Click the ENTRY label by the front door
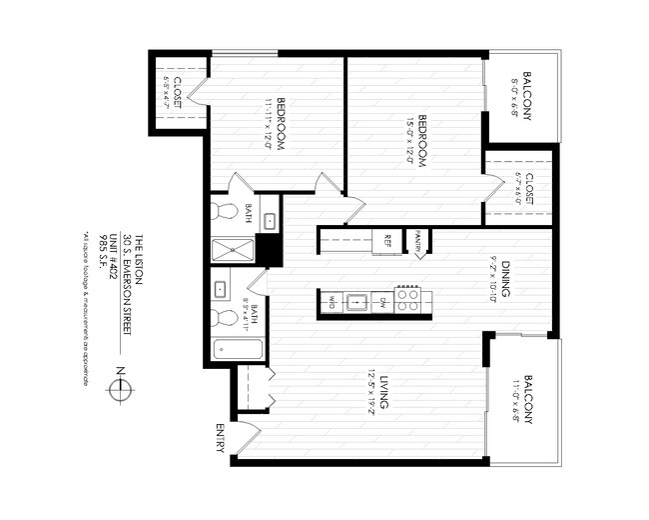221,437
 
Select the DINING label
506,281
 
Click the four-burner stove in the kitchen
407,300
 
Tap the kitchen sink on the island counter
356,300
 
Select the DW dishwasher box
382,300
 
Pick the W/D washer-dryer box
328,300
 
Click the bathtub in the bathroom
238,351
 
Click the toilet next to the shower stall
225,213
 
